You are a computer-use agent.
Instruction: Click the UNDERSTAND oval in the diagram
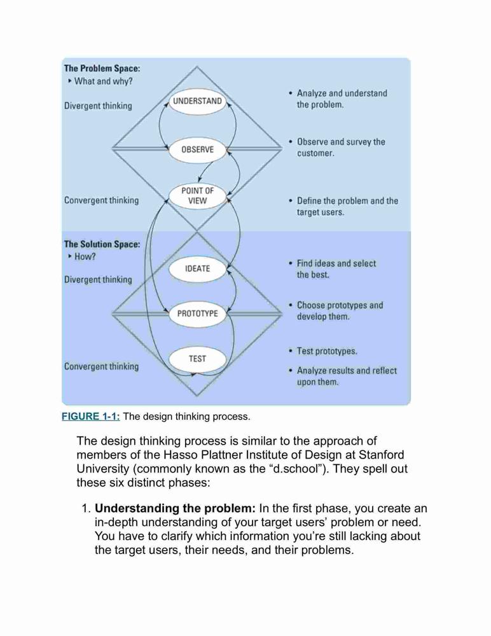(197, 101)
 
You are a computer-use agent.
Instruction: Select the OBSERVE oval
(197, 149)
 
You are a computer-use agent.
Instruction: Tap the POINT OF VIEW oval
(197, 196)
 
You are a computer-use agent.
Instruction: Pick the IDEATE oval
(197, 268)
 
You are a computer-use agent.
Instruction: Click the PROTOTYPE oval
(197, 314)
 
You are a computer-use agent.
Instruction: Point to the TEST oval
(197, 359)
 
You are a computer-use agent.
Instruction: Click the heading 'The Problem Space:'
(102, 69)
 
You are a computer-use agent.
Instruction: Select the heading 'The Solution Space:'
(102, 244)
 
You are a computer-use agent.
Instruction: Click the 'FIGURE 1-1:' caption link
(91, 417)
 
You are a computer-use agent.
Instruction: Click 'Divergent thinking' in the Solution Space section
(98, 280)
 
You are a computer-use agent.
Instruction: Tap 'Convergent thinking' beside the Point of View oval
(102, 200)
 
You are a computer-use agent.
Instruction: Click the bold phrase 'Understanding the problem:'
(175, 508)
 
